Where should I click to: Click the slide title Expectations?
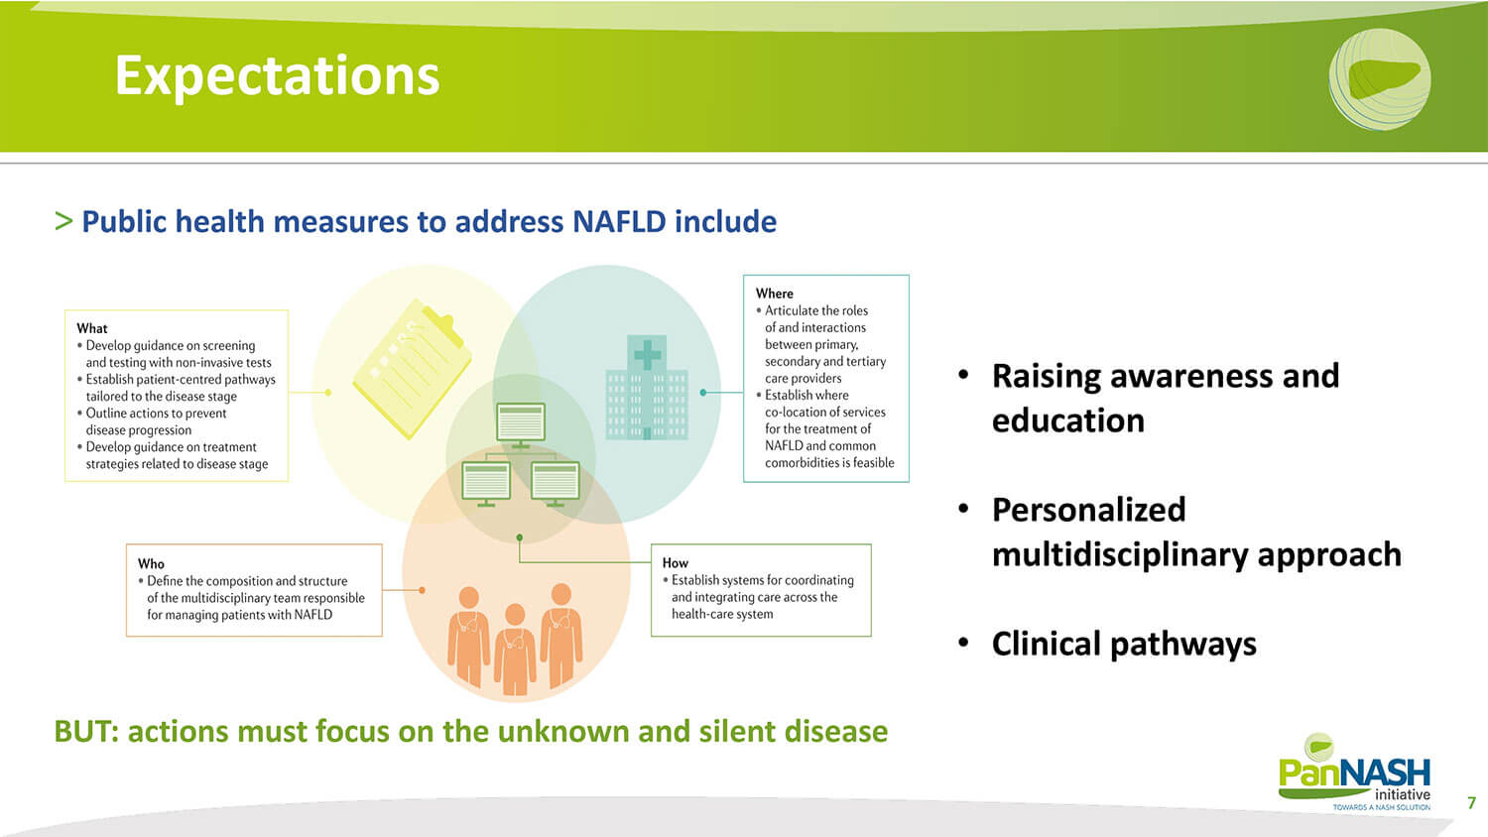click(x=277, y=76)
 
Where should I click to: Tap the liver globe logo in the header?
click(x=1379, y=79)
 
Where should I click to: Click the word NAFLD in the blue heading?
click(x=619, y=221)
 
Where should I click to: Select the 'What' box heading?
click(x=91, y=328)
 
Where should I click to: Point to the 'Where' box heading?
click(x=774, y=294)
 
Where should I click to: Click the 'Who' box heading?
click(x=151, y=564)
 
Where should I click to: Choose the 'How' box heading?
click(x=675, y=563)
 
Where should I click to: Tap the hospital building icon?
click(x=647, y=388)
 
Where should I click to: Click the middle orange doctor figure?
click(x=515, y=649)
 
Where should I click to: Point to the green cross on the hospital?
click(x=647, y=355)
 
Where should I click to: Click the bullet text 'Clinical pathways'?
click(x=1124, y=644)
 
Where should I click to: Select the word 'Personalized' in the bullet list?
click(x=1089, y=510)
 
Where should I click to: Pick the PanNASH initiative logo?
click(x=1355, y=772)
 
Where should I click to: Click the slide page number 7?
click(x=1471, y=802)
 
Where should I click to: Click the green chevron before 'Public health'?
click(x=63, y=221)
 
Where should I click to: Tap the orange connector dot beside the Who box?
click(x=422, y=590)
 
